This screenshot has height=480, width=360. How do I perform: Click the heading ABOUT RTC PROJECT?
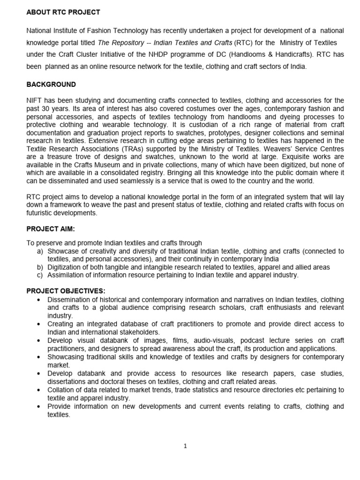pos(63,12)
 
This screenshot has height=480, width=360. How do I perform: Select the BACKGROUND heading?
pos(51,84)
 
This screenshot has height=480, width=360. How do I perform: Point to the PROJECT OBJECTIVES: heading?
pos(66,291)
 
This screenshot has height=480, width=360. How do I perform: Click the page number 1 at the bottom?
pos(185,446)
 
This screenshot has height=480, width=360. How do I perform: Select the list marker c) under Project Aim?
pos(40,275)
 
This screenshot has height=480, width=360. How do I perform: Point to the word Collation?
pos(61,390)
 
